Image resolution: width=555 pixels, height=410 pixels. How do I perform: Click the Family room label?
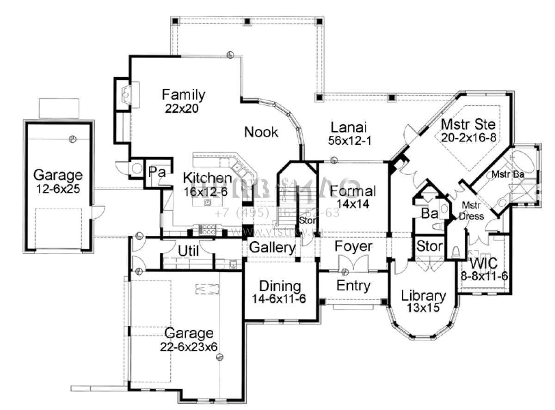(183, 95)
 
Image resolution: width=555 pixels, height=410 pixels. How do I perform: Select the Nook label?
(261, 132)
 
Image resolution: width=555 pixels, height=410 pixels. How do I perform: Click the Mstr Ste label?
(468, 124)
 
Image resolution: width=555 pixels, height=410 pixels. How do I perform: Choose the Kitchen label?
(207, 178)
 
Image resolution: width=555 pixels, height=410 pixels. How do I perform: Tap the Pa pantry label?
(157, 172)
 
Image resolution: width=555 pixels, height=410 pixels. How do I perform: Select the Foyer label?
(353, 246)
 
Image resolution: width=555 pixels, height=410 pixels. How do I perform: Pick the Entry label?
(353, 286)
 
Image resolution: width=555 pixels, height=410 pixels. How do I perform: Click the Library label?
(423, 295)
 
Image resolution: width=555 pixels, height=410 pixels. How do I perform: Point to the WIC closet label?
(484, 264)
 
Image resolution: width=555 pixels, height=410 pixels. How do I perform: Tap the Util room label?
(188, 251)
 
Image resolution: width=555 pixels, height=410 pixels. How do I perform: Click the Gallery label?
(272, 248)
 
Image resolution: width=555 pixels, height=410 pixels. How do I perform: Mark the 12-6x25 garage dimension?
(58, 189)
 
